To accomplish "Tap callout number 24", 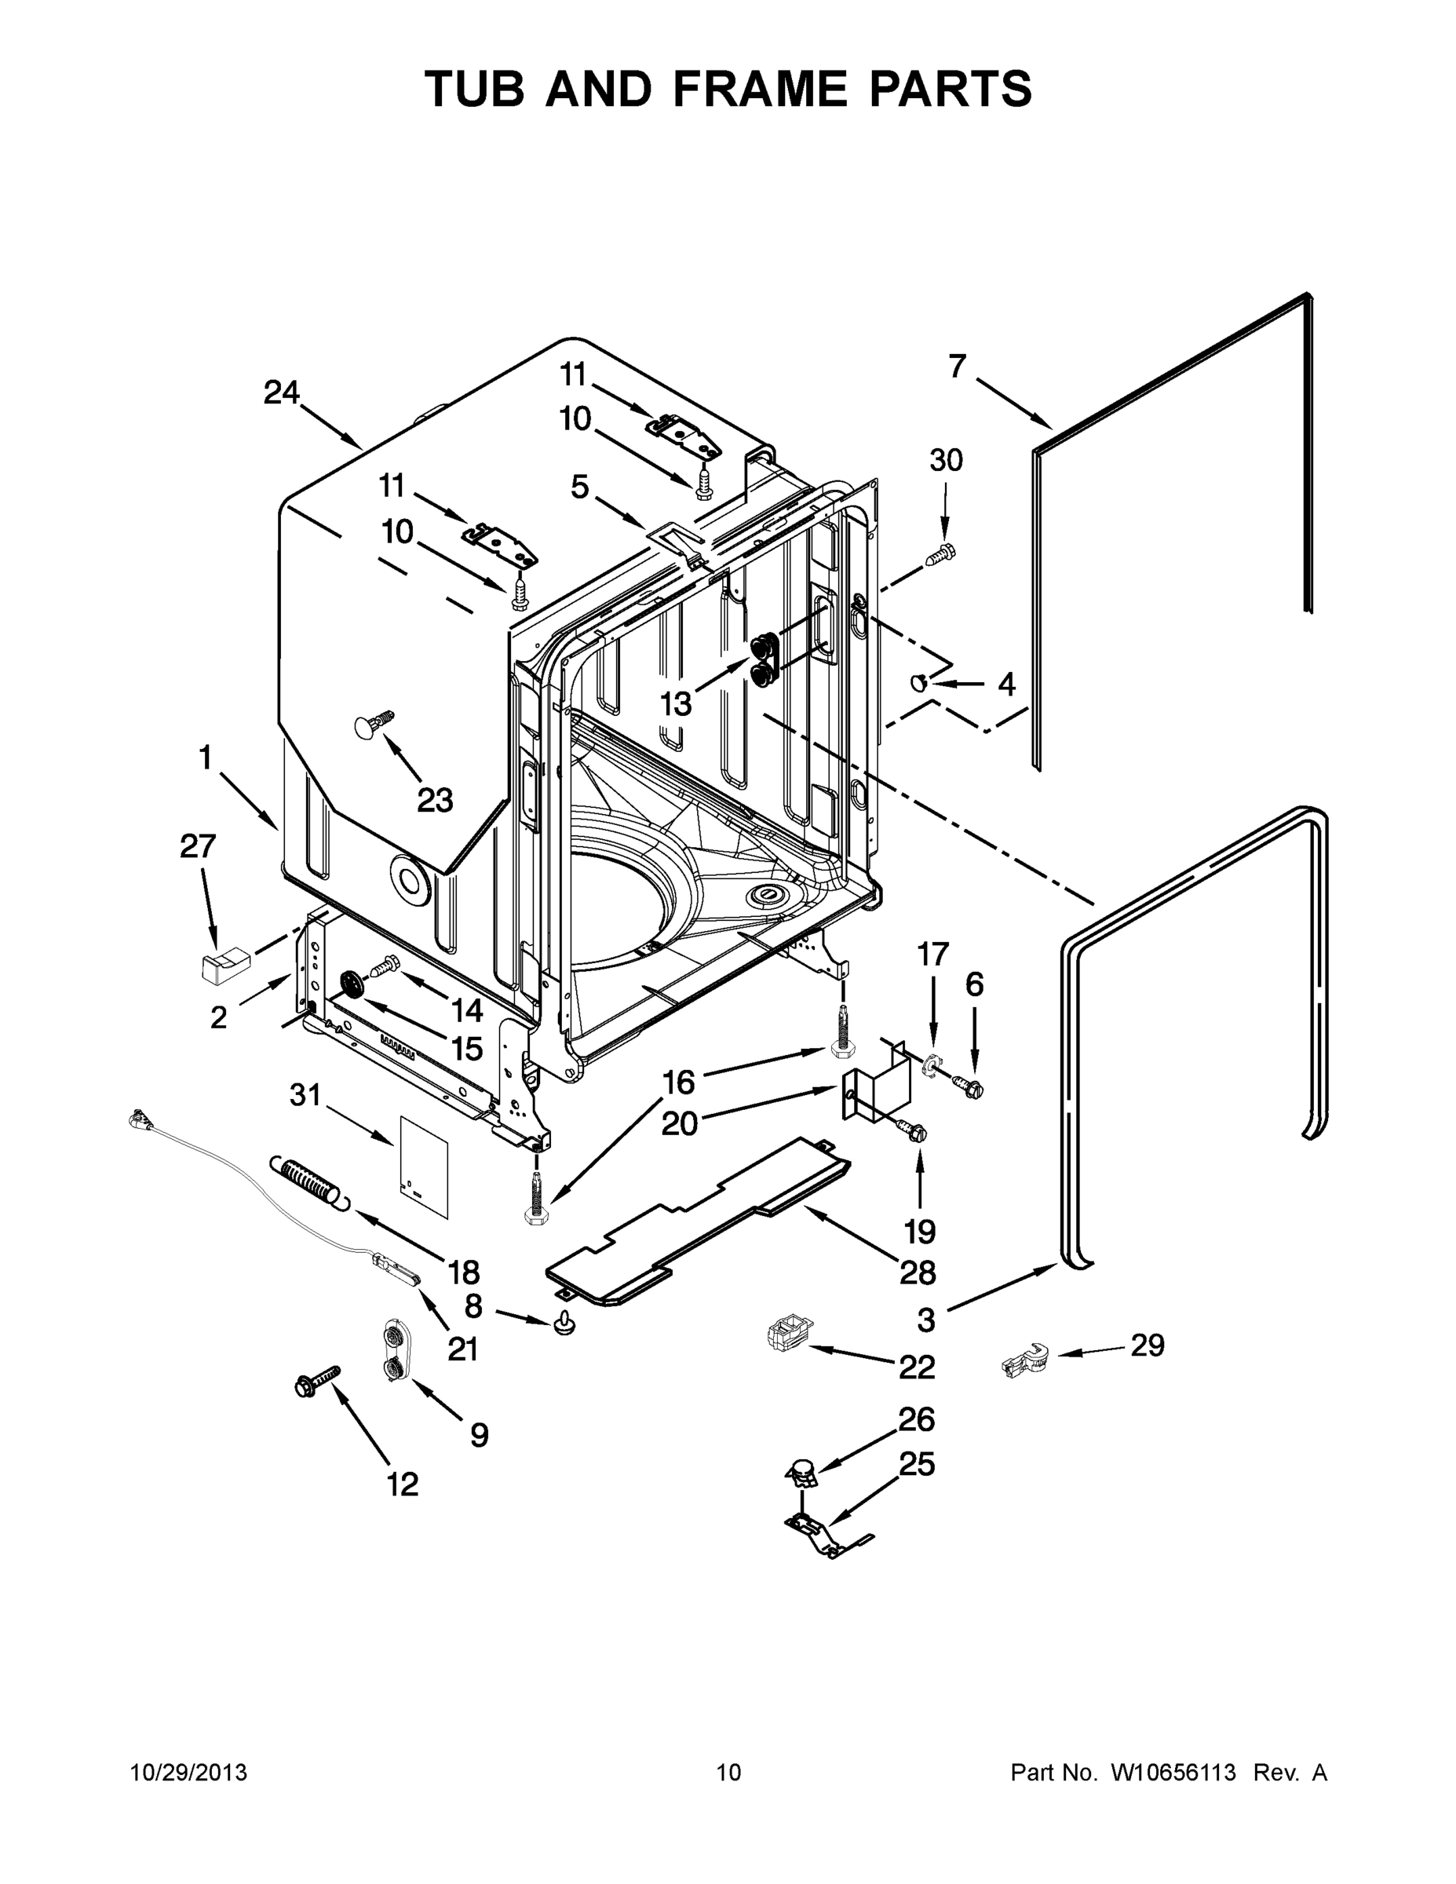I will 281,393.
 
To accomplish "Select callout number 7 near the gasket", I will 957,367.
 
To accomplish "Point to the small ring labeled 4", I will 919,683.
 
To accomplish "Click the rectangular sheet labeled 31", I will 425,1167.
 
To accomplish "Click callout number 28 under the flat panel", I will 917,1272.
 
